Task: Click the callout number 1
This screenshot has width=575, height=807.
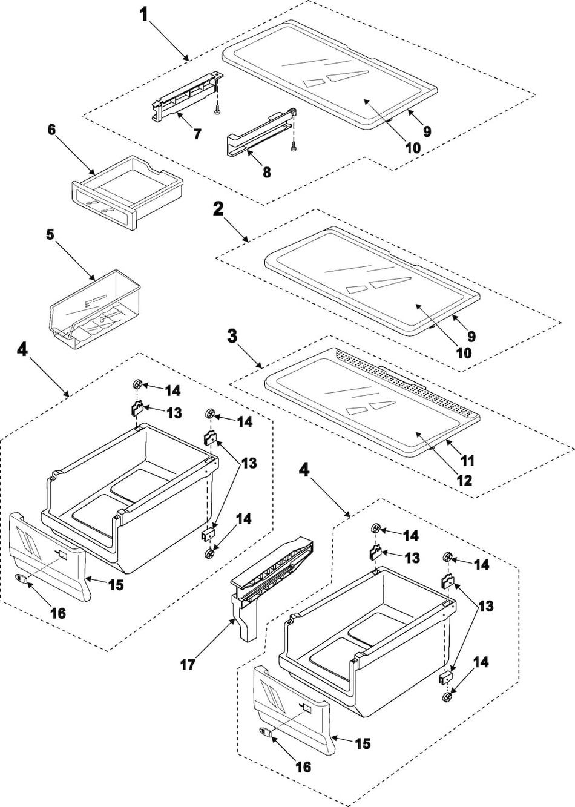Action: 144,14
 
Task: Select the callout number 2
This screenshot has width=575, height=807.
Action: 218,209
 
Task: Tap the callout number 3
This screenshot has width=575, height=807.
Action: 232,337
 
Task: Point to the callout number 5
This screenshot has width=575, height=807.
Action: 50,234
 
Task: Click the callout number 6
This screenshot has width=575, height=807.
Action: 51,129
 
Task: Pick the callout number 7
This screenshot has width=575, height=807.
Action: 197,134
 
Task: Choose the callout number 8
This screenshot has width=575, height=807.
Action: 266,172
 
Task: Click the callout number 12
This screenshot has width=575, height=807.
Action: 464,481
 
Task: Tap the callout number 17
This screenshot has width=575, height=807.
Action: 188,664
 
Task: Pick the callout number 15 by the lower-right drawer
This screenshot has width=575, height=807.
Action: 363,743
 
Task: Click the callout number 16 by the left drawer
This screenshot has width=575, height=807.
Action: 57,613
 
